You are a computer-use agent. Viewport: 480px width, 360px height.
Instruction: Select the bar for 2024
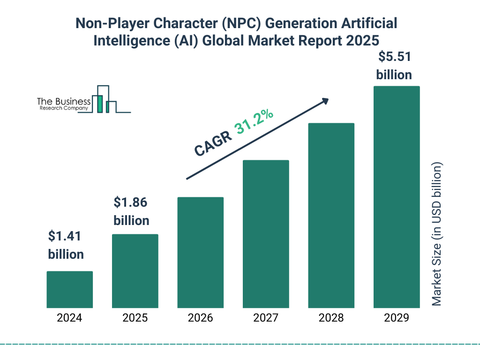pyautogui.click(x=70, y=289)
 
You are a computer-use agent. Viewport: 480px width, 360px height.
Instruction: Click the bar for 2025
pyautogui.click(x=135, y=271)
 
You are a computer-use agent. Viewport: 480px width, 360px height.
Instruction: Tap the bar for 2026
pyautogui.click(x=200, y=252)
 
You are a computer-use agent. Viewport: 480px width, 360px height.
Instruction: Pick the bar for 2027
pyautogui.click(x=266, y=234)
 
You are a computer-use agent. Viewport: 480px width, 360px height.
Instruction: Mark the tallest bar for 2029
pyautogui.click(x=397, y=197)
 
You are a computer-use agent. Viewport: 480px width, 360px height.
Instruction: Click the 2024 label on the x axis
pyautogui.click(x=70, y=318)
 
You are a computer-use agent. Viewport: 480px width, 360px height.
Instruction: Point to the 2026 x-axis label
pyautogui.click(x=200, y=318)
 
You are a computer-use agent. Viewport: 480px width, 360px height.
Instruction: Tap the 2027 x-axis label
pyautogui.click(x=266, y=318)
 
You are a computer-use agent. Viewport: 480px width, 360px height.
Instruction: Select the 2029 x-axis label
pyautogui.click(x=397, y=318)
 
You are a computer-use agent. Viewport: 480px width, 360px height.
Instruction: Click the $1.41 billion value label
pyautogui.click(x=66, y=245)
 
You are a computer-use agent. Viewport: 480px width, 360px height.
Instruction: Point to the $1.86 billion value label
pyautogui.click(x=131, y=211)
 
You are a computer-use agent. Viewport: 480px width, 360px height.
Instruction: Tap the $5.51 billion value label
pyautogui.click(x=394, y=66)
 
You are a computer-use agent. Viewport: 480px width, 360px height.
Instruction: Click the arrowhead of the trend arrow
pyautogui.click(x=324, y=101)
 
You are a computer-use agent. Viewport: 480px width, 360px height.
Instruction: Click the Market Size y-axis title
pyautogui.click(x=437, y=234)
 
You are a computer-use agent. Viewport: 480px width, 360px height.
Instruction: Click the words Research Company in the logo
pyautogui.click(x=63, y=108)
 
